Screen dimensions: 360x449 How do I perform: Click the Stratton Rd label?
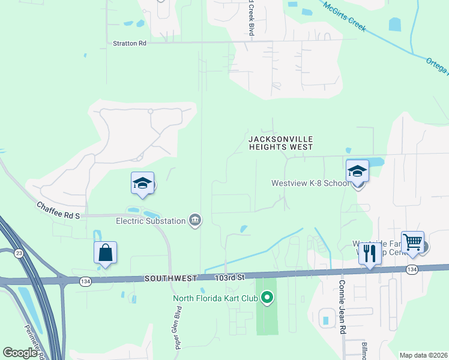pyautogui.click(x=130, y=43)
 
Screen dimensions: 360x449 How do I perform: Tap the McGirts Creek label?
pyautogui.click(x=344, y=16)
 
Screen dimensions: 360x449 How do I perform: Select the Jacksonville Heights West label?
pyautogui.click(x=281, y=143)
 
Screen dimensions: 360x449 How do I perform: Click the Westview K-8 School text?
pyautogui.click(x=310, y=183)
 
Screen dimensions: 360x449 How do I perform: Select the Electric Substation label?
pyautogui.click(x=151, y=221)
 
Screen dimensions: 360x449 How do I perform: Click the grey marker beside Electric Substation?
pyautogui.click(x=195, y=221)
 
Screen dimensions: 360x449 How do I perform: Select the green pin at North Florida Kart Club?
pyautogui.click(x=268, y=297)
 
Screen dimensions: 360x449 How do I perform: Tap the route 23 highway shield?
pyautogui.click(x=19, y=254)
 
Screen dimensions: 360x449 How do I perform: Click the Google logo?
pyautogui.click(x=20, y=353)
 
